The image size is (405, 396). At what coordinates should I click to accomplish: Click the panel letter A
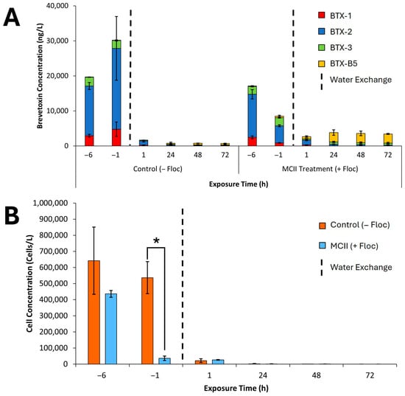[13, 17]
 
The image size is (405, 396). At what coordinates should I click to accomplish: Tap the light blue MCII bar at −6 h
[111, 328]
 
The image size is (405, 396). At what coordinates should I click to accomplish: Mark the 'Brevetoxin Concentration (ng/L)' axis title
[42, 76]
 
